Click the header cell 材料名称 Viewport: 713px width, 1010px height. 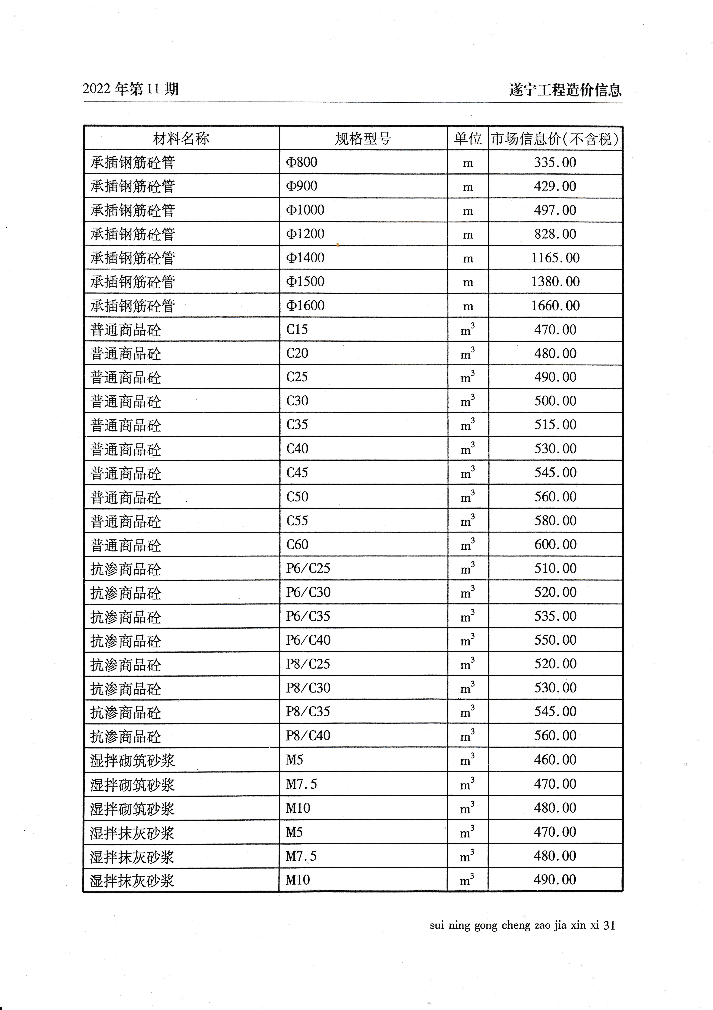[181, 139]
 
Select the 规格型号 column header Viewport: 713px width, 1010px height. [363, 139]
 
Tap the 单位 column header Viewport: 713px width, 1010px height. [468, 139]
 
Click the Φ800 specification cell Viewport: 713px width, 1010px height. [302, 162]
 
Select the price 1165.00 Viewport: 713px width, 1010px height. [555, 258]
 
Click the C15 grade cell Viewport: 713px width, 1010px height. [297, 330]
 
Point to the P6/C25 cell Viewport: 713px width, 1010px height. [308, 568]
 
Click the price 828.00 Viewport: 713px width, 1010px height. [555, 234]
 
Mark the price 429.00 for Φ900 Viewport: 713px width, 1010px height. [555, 186]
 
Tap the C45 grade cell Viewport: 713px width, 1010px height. [297, 473]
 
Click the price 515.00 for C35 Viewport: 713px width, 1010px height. [555, 425]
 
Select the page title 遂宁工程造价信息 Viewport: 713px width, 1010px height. [565, 90]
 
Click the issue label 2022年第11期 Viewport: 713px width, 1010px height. [131, 89]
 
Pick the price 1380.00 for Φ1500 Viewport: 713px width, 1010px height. [555, 282]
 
